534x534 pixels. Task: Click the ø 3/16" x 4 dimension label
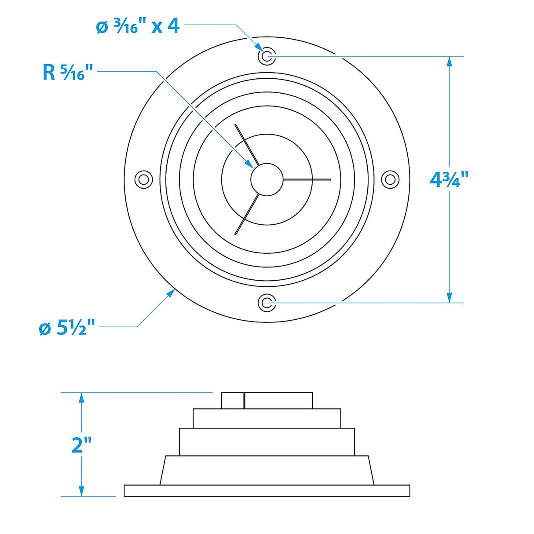[x=138, y=26]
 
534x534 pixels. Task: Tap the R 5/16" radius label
[x=68, y=72]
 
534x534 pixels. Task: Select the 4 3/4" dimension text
[x=449, y=179]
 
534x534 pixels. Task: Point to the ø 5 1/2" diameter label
[x=67, y=328]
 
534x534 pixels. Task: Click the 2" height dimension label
[x=81, y=445]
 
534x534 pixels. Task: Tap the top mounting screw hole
[x=267, y=56]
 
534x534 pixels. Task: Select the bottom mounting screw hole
[x=267, y=303]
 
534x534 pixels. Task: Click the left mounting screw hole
[x=143, y=179]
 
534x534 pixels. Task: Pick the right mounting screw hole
[x=390, y=179]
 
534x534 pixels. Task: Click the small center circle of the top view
[x=267, y=179]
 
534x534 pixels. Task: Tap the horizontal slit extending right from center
[x=307, y=179]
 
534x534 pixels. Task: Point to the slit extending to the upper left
[x=245, y=144]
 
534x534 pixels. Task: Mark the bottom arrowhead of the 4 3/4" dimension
[x=449, y=297]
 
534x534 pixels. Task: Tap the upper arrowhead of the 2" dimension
[x=81, y=398]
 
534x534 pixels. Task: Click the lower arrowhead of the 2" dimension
[x=81, y=491]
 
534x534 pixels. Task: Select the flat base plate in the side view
[x=267, y=490]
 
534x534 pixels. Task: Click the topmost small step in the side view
[x=267, y=401]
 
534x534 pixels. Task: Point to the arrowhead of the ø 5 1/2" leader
[x=172, y=293]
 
